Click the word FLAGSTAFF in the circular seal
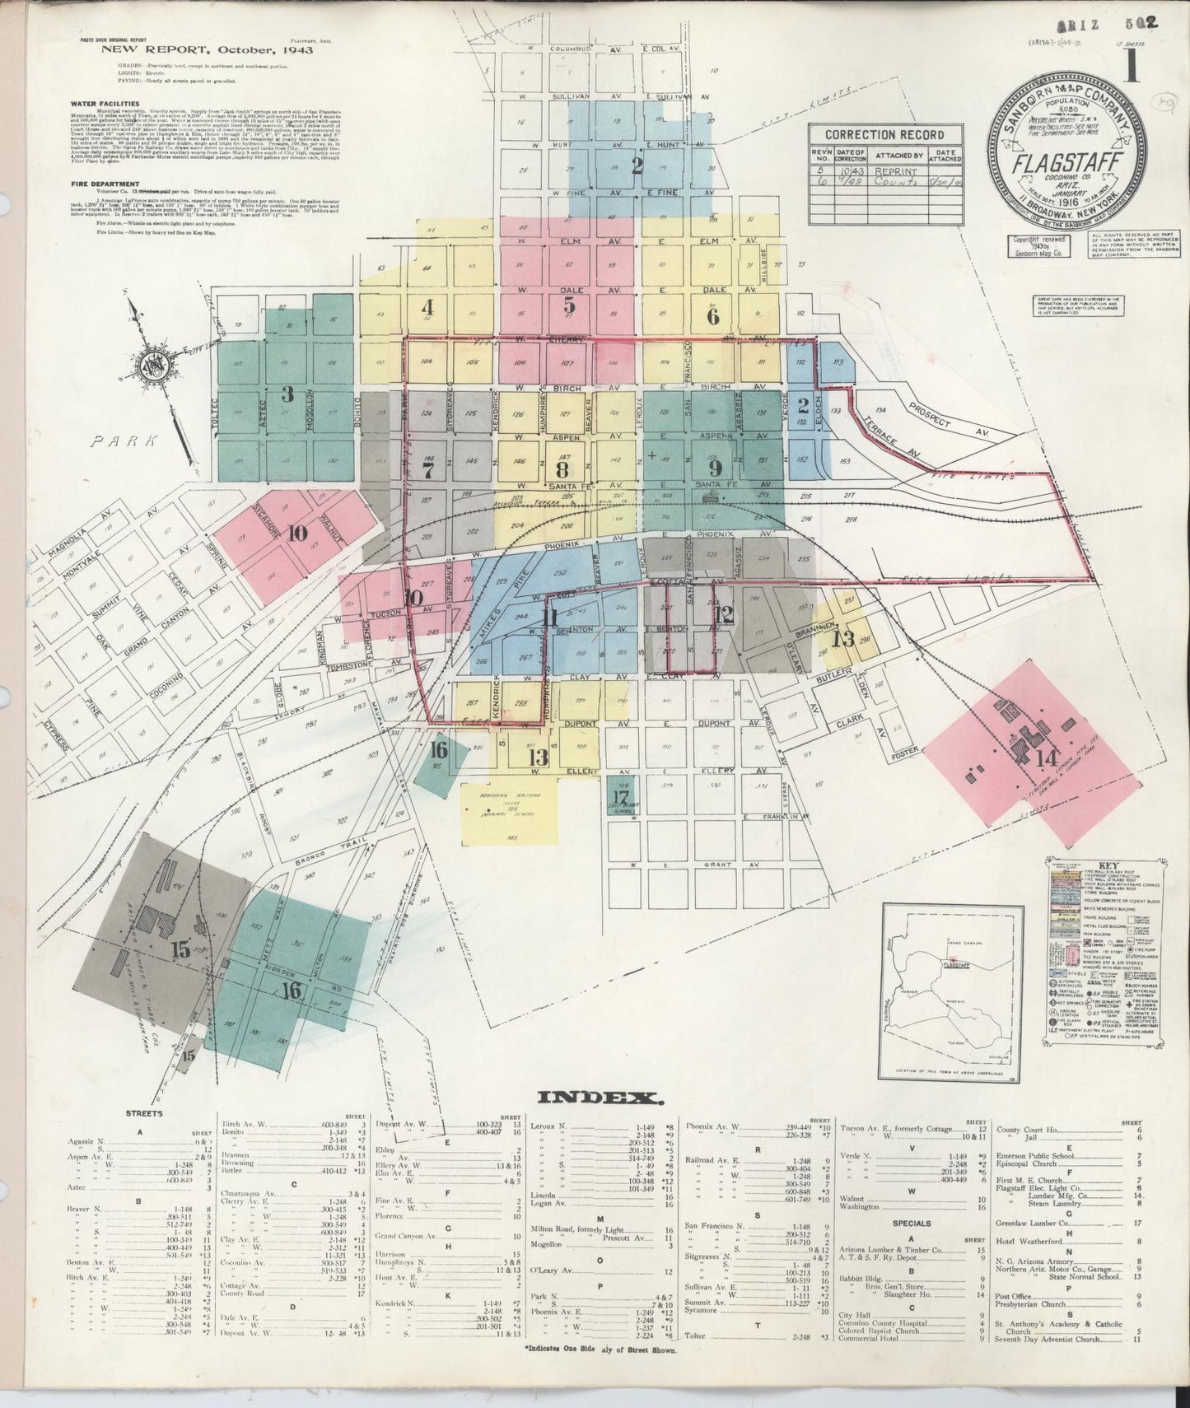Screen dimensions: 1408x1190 (1059, 163)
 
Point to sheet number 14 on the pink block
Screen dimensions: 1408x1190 (1047, 758)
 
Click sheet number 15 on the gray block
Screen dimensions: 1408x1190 (180, 949)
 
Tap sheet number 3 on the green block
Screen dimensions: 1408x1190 (287, 394)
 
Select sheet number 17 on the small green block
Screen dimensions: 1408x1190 (621, 796)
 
